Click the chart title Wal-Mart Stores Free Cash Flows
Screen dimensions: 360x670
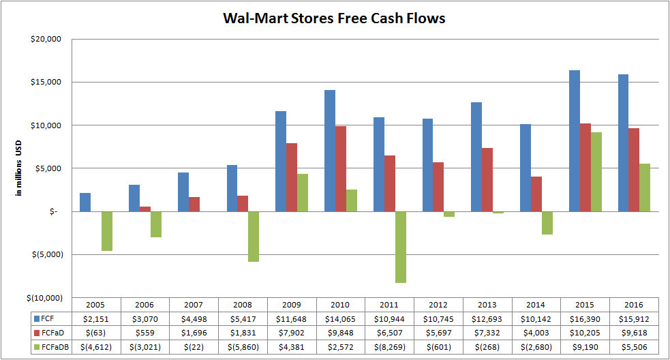pos(334,18)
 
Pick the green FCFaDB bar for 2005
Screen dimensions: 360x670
pos(107,231)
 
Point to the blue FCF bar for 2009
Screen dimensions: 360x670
pos(281,161)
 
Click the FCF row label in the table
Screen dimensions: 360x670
pos(48,318)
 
